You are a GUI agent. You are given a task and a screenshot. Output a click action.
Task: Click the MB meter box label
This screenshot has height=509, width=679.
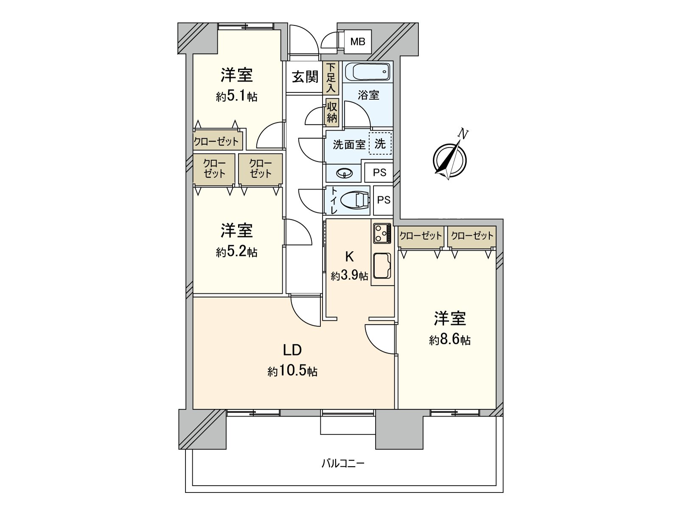pos(357,42)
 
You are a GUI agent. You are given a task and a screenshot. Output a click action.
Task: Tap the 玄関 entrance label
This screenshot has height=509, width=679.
pos(305,77)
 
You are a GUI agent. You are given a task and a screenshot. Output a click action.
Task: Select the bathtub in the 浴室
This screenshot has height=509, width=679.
pos(368,72)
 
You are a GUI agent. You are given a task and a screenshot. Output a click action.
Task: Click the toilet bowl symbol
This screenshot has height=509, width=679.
pos(355,200)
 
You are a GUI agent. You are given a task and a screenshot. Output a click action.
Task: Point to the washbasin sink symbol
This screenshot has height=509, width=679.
pos(344,173)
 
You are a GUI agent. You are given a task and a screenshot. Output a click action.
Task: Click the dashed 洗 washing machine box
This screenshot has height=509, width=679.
pos(380,143)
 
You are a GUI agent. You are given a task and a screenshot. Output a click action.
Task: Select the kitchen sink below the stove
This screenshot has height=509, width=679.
pos(382,266)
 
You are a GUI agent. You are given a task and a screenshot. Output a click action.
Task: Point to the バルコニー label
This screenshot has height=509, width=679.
pos(343,463)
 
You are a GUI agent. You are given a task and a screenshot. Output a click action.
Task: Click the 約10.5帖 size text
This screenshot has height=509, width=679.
pos(292,371)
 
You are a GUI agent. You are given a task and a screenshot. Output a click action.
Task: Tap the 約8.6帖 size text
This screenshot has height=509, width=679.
pos(449,340)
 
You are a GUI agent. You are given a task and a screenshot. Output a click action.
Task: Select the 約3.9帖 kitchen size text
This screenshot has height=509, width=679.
pos(349,276)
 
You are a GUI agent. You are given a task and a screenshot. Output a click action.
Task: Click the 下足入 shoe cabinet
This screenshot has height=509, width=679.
pos(331,78)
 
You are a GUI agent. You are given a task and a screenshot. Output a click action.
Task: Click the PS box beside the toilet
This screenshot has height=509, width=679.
pos(383,200)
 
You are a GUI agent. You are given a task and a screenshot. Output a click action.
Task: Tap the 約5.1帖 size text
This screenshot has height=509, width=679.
pos(236,96)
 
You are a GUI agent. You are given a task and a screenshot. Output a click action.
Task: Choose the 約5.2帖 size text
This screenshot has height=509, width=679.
pos(236,252)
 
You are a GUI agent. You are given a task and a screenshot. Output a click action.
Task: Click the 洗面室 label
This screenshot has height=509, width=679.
pos(349,145)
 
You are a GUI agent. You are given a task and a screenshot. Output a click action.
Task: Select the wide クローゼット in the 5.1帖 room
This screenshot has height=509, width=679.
pos(216,141)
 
